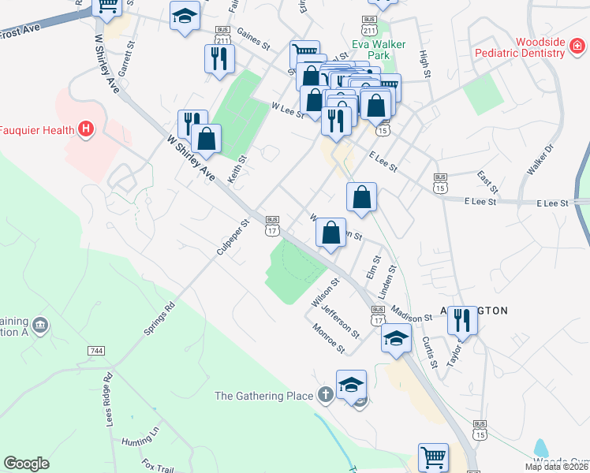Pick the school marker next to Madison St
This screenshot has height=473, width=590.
pyautogui.click(x=396, y=339)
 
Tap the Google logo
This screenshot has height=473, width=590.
pyautogui.click(x=26, y=464)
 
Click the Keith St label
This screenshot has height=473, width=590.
pyautogui.click(x=237, y=169)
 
